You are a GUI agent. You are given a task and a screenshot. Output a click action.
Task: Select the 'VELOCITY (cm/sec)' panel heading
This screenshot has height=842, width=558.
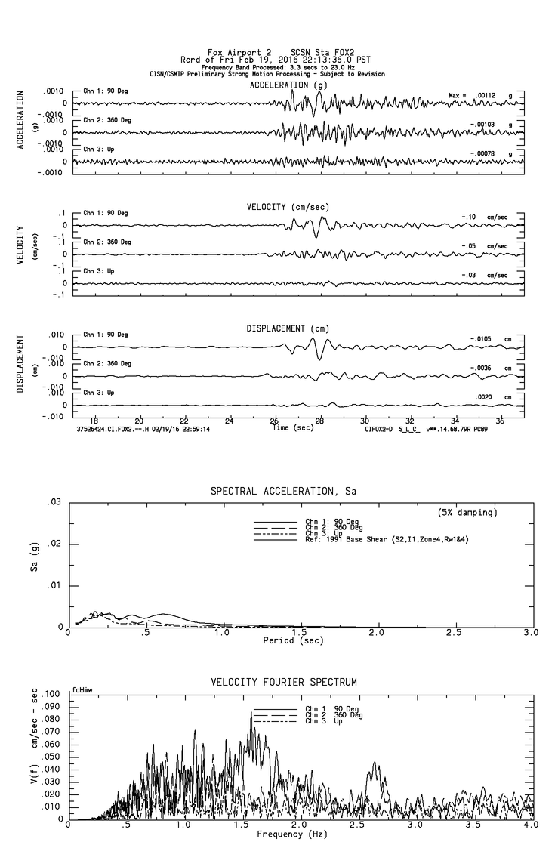[x=288, y=207]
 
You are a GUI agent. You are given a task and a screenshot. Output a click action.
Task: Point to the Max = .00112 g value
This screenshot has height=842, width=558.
[x=484, y=95]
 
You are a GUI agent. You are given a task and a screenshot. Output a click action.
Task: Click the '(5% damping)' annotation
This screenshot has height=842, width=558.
[x=467, y=513]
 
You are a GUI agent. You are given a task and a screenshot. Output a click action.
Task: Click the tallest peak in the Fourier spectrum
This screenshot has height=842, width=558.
[x=251, y=712]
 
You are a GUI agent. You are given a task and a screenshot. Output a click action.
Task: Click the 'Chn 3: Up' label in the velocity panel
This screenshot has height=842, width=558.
[x=99, y=271]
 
